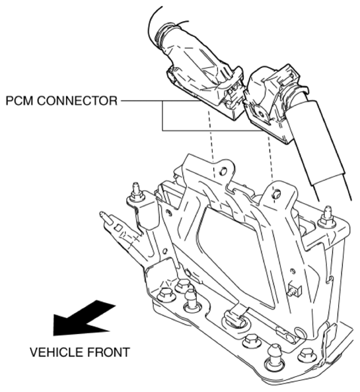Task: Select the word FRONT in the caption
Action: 108,352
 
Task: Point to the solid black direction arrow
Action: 83,318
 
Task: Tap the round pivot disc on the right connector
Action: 261,114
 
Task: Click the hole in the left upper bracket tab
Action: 223,171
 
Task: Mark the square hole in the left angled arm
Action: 118,228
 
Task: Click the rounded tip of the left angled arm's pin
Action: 102,214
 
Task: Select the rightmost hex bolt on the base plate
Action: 306,355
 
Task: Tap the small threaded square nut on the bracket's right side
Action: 295,290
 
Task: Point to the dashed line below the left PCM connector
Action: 211,143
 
